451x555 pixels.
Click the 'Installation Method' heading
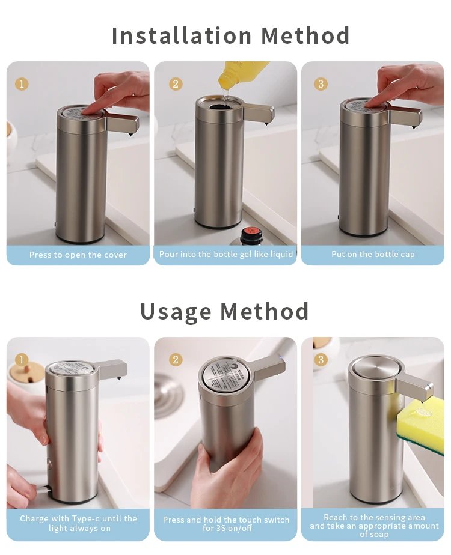[230, 36]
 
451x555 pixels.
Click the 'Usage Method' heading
[224, 312]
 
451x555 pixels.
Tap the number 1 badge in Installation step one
[22, 84]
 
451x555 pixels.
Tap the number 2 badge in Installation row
[176, 84]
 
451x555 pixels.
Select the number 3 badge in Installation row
[321, 84]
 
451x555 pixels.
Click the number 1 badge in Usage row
[22, 360]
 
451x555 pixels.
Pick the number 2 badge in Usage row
[176, 360]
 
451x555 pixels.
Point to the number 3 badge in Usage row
[321, 360]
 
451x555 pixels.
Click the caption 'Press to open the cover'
[78, 255]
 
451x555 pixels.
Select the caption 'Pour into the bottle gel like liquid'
[226, 254]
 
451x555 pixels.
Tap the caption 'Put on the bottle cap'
[373, 254]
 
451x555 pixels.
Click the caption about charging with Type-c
[78, 523]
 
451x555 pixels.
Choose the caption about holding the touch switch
[226, 524]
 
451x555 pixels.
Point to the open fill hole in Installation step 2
[224, 103]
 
